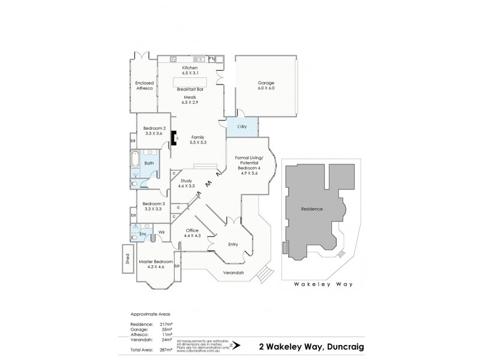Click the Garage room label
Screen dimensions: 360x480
[266, 85]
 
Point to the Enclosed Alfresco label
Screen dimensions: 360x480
[145, 85]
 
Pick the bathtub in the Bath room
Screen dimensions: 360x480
[134, 162]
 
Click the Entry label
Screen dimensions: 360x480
[233, 244]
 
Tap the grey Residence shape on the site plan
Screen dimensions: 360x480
[312, 210]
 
